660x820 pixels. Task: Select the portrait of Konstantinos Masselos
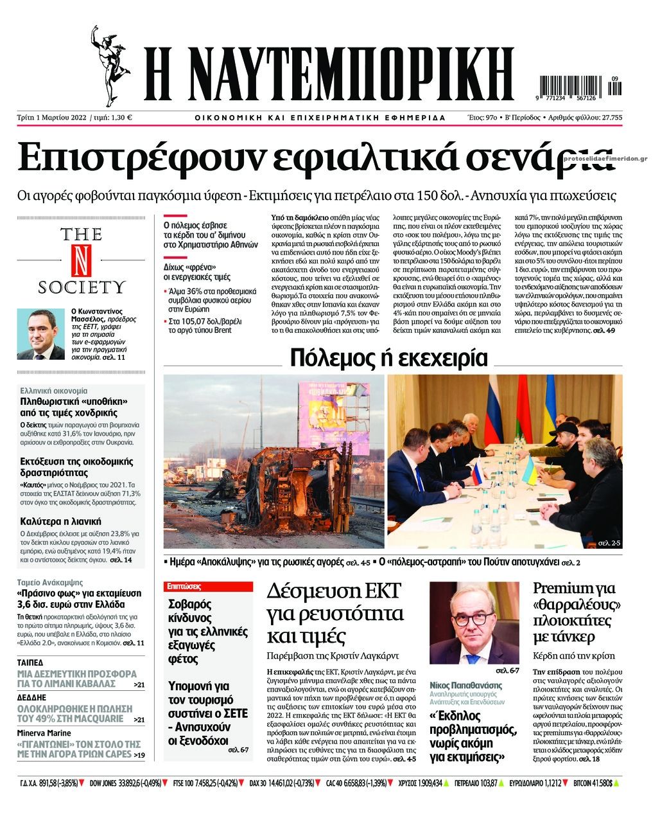(40, 334)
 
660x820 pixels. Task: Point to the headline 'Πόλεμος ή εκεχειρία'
(388, 358)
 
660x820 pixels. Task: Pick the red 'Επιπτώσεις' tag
(184, 586)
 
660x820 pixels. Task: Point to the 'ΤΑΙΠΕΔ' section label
(30, 663)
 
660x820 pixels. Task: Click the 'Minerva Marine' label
(44, 733)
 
